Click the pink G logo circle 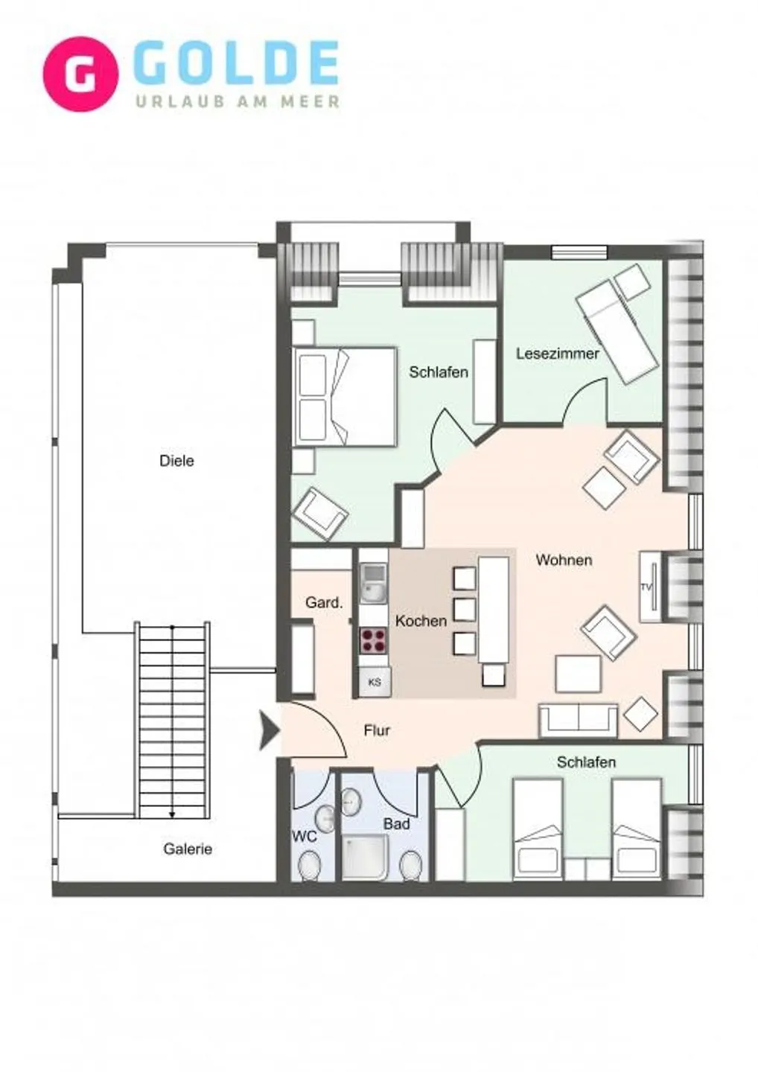click(x=80, y=74)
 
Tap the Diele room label click(x=176, y=461)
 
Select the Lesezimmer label click(x=557, y=354)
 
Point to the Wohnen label click(x=564, y=560)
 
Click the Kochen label click(x=421, y=621)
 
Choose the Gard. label click(x=324, y=602)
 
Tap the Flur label click(x=377, y=730)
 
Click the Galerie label click(x=188, y=849)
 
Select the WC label click(x=304, y=837)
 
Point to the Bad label click(x=396, y=824)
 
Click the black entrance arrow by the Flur click(x=268, y=730)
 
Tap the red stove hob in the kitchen click(x=374, y=639)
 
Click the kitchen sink click(x=373, y=582)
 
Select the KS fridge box click(x=375, y=681)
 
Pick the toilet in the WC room click(x=308, y=865)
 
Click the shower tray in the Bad click(x=365, y=858)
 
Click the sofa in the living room click(x=578, y=720)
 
